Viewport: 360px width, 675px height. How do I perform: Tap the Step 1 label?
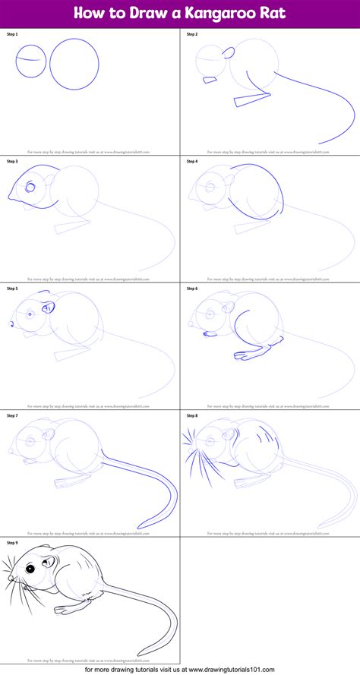coord(12,35)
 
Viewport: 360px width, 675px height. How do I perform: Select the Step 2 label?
coord(192,35)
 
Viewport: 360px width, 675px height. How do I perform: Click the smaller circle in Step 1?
coord(31,60)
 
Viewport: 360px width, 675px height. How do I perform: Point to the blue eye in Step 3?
coord(29,187)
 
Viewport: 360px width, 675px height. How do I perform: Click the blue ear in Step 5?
coord(49,308)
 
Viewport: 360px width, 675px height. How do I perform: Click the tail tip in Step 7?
coord(139,528)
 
